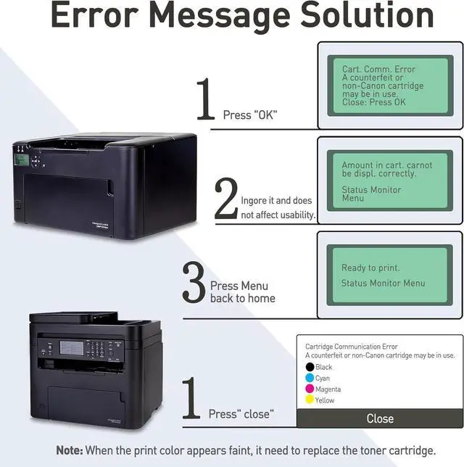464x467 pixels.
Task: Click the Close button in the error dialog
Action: (x=379, y=418)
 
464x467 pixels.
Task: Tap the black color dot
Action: (x=310, y=367)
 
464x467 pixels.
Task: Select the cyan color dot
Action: (x=310, y=378)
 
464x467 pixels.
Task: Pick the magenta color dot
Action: (x=310, y=389)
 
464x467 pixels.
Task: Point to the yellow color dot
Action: (x=310, y=400)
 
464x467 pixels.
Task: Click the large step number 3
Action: (x=194, y=283)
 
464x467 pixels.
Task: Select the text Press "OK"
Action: (x=250, y=115)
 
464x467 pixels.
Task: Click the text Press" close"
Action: (x=241, y=414)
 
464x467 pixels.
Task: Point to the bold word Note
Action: (x=70, y=450)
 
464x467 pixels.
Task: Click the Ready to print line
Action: (x=370, y=268)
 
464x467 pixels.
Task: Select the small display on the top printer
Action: (x=22, y=160)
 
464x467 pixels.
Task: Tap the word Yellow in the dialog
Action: (x=325, y=400)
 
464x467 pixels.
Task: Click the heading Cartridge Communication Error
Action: (x=352, y=347)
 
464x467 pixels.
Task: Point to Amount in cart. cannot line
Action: (x=386, y=165)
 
